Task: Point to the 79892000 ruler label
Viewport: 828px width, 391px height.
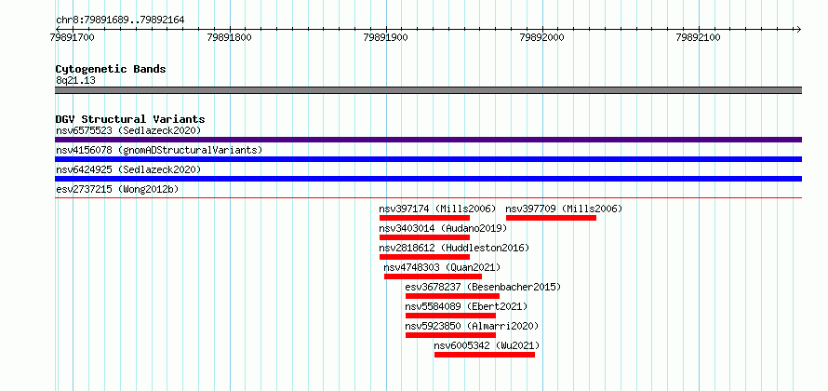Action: (x=542, y=37)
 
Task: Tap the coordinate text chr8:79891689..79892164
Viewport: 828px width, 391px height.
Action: (x=120, y=20)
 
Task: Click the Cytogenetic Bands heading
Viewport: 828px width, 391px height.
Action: (x=111, y=69)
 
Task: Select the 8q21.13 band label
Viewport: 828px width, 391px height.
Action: (x=75, y=81)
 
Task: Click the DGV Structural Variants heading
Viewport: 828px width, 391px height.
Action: (x=130, y=119)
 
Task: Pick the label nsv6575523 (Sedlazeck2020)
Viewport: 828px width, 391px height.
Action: (x=128, y=130)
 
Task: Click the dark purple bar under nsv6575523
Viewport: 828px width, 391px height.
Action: (x=428, y=140)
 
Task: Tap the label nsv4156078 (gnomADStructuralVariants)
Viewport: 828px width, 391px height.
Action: (x=159, y=150)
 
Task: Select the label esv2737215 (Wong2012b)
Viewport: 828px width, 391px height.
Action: (x=117, y=189)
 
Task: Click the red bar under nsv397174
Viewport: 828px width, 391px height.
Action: (x=424, y=218)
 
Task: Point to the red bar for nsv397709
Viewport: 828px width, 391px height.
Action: (x=552, y=218)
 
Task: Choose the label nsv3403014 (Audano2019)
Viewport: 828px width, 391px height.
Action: (x=443, y=228)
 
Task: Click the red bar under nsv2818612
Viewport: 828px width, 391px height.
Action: (x=424, y=257)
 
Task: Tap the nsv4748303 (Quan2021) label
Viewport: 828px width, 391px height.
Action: (x=442, y=267)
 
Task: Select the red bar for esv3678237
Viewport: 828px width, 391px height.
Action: (x=452, y=296)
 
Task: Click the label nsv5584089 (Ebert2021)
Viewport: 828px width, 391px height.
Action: (x=466, y=306)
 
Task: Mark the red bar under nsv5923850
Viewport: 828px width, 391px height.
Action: (x=450, y=335)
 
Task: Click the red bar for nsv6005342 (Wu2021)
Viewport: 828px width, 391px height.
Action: (x=485, y=355)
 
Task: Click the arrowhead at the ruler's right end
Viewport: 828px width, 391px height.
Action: (x=799, y=29)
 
